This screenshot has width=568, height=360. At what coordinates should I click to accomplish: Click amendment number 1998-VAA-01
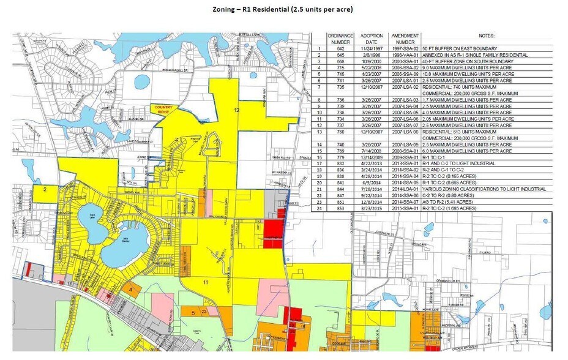tap(405, 55)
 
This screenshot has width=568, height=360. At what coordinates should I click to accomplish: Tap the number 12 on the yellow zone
tap(236, 109)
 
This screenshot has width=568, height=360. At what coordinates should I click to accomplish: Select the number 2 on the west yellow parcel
tap(45, 190)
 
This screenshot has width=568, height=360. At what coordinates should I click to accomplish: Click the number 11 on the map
tap(206, 282)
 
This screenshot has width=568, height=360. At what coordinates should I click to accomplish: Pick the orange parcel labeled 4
tap(131, 289)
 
